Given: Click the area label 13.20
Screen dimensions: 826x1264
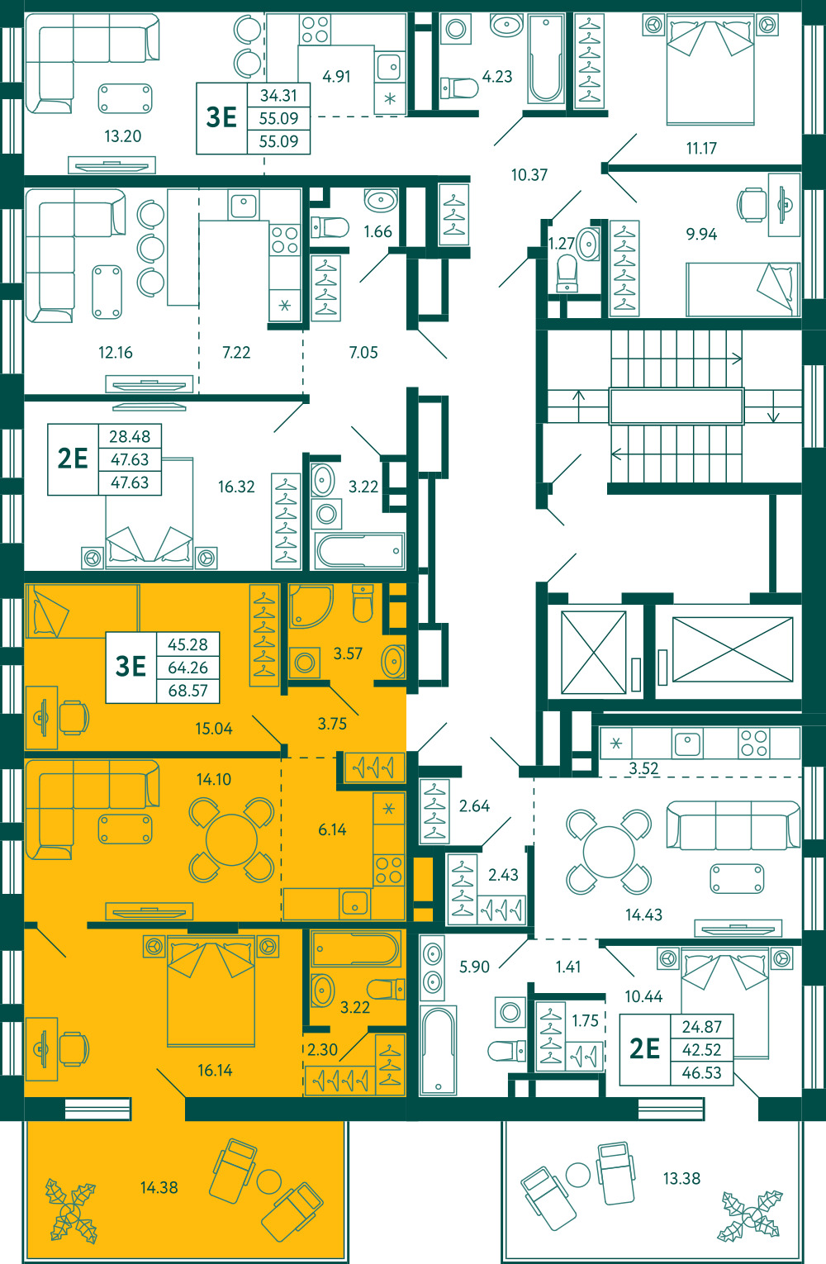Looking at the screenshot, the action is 122,136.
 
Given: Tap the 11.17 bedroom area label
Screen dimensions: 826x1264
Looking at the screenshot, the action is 700,149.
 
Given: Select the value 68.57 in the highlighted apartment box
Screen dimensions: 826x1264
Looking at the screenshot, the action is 188,690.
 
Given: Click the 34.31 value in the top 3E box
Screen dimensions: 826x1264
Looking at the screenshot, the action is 278,95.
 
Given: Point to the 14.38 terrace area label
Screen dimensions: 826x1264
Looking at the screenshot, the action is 159,1187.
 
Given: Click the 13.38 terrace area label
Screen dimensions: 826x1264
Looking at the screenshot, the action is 681,1178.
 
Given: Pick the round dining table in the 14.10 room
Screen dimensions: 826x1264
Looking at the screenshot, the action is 231,839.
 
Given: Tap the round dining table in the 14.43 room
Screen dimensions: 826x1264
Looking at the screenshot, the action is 608,852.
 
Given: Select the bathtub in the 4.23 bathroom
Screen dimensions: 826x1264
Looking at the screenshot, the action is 546,59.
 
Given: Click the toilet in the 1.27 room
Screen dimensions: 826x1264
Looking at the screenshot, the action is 567,273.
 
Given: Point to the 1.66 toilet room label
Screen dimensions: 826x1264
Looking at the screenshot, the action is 377,231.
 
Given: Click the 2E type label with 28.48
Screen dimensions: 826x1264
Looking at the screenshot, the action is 73,459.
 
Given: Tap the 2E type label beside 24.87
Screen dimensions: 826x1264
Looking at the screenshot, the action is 644,1049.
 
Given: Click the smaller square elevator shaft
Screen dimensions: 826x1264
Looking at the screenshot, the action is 594,653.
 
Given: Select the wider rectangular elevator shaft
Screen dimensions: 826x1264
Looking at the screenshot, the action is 733,649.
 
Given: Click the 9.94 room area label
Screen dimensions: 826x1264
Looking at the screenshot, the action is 701,234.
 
